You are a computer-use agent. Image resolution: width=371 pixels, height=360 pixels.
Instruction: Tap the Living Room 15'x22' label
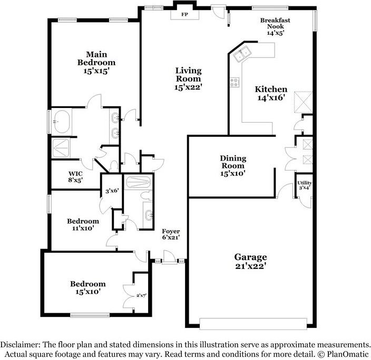[x=188, y=78]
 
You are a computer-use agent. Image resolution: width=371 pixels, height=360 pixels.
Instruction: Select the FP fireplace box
[x=184, y=14]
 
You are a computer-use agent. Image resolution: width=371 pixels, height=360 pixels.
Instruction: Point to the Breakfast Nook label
[x=275, y=25]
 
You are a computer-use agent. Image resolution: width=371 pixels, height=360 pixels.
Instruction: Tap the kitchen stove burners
[x=234, y=83]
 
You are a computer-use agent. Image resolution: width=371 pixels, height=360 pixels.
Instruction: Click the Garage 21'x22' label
[x=250, y=262]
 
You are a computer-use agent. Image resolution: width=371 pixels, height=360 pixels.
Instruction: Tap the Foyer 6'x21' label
[x=171, y=234]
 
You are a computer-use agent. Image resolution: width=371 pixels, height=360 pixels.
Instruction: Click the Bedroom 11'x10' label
[x=83, y=225]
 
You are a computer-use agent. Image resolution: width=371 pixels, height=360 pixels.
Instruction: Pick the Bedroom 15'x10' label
[x=88, y=287]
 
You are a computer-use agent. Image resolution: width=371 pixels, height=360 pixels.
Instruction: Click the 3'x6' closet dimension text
[x=111, y=192]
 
